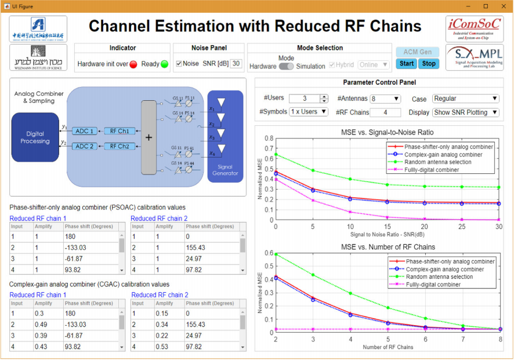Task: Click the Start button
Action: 407,63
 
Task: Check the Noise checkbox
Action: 179,64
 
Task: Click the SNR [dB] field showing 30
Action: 236,63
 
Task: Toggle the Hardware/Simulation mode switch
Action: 286,66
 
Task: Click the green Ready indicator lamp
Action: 164,64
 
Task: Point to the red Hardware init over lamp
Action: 133,64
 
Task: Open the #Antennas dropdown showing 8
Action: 385,99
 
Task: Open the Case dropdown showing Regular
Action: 465,99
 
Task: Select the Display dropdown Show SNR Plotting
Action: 465,112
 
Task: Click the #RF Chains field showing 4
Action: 385,112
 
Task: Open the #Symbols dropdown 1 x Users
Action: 309,111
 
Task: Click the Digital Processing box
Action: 35,137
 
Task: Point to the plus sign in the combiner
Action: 149,138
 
